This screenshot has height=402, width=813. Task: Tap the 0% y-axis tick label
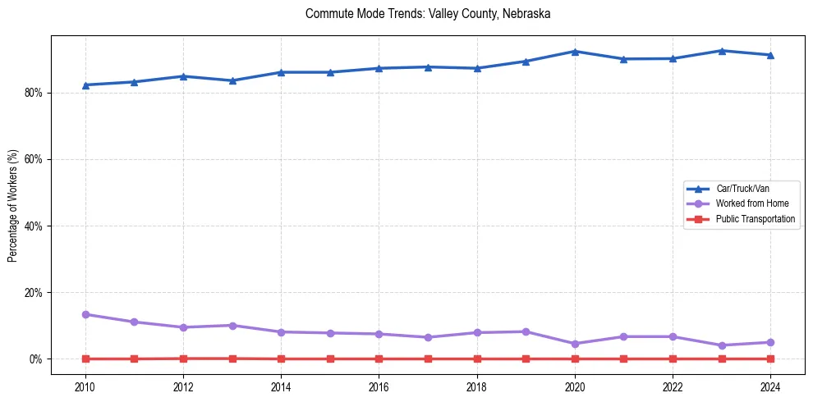(35, 359)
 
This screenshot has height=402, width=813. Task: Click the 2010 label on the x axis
(85, 386)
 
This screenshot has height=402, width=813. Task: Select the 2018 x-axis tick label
(477, 386)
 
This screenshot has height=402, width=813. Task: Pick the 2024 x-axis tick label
(770, 386)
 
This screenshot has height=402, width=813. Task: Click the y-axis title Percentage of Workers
(13, 205)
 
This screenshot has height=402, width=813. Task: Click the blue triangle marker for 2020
(575, 52)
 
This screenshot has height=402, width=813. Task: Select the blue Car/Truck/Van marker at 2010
(85, 85)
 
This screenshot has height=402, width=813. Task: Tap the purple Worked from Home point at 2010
(85, 314)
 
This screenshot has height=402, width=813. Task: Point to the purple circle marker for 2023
(722, 345)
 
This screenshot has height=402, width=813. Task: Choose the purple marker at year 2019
(526, 331)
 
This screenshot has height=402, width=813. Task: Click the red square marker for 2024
(770, 359)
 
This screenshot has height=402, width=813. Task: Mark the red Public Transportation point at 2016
(379, 359)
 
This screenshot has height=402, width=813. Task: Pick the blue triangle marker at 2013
(232, 80)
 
